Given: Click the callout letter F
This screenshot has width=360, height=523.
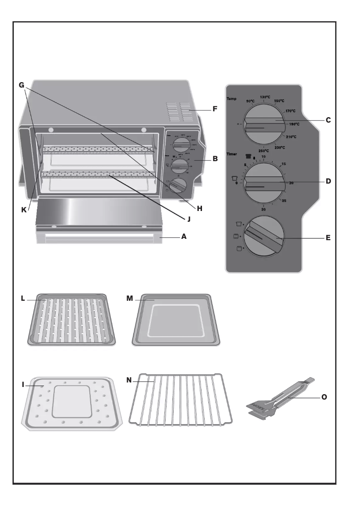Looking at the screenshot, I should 215,109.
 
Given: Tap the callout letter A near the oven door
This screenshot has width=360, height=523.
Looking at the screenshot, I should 184,236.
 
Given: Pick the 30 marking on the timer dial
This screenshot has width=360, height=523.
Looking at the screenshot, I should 263,210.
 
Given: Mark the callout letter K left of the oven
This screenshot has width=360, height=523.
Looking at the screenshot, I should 25,209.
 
